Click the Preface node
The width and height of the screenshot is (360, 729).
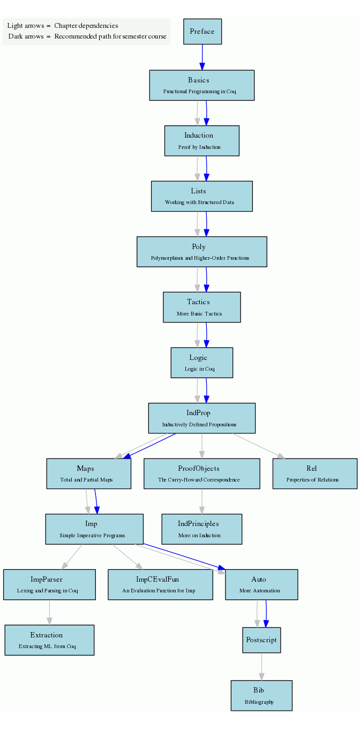point(202,32)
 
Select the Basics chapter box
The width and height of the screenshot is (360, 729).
point(201,85)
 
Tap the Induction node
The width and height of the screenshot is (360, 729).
point(201,141)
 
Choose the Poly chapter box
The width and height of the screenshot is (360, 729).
point(201,252)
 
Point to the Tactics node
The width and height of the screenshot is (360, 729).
point(201,307)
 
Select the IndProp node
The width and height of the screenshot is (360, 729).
point(201,418)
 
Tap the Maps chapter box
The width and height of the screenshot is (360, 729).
point(88,474)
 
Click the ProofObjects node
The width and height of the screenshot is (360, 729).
point(201,474)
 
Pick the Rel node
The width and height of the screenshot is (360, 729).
point(314,474)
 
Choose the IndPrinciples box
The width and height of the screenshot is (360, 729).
point(201,529)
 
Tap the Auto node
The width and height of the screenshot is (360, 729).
point(261,584)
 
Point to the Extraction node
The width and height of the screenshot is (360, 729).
point(49,640)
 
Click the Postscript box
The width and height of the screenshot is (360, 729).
point(261,640)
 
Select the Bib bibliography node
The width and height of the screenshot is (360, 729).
point(261,695)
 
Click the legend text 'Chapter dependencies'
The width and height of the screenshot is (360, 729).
point(86,26)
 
